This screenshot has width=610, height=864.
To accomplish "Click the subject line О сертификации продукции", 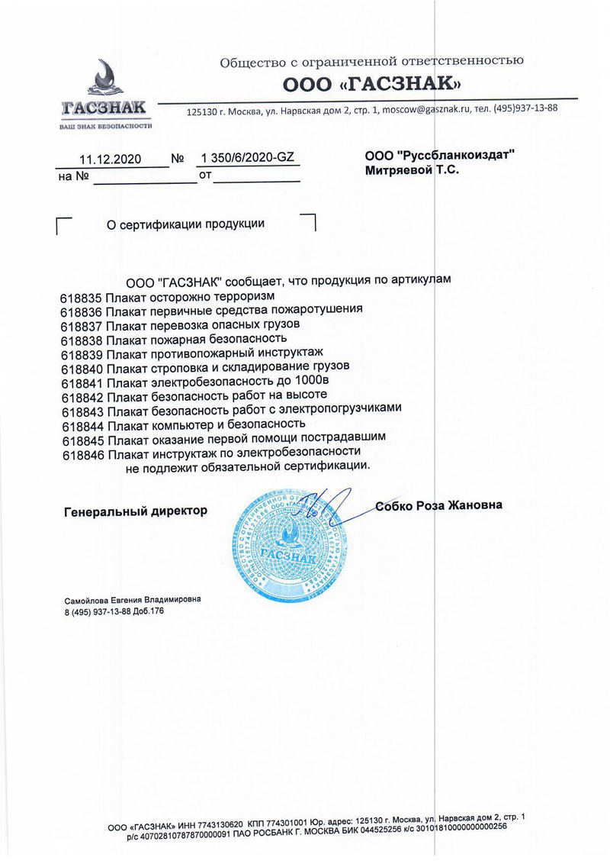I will coord(185,224).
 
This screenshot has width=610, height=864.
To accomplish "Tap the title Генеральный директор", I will coord(134,511).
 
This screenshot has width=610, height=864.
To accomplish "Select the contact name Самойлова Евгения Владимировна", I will coord(132,600).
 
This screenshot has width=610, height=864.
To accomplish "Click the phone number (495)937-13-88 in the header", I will coord(526,107).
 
